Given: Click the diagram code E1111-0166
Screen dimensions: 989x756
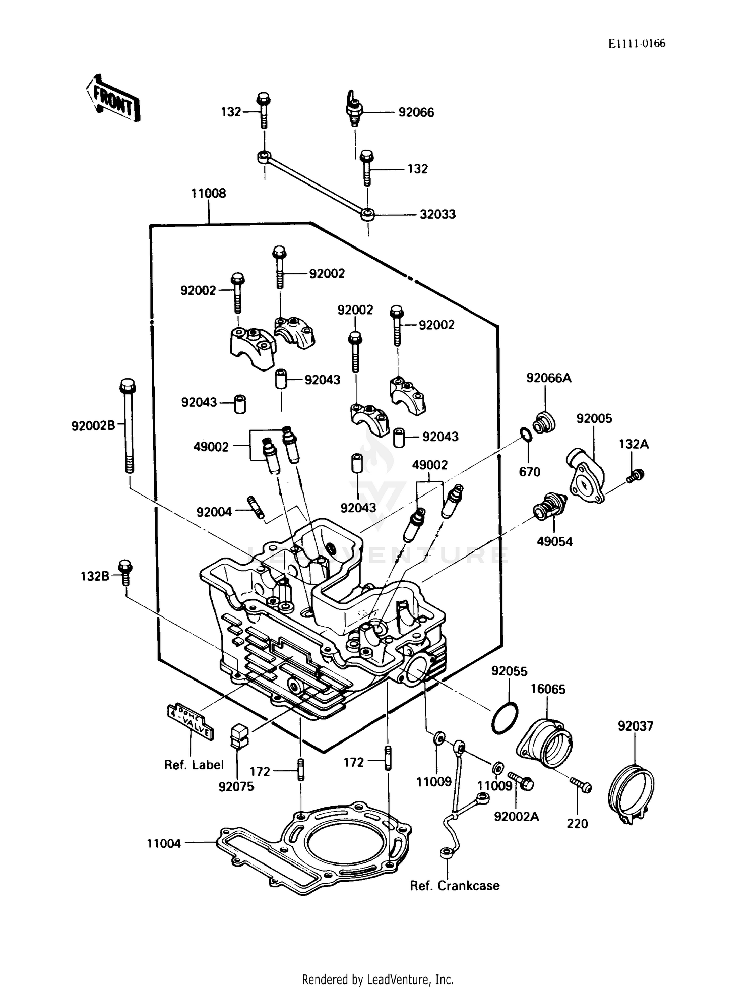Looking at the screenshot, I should [x=637, y=44].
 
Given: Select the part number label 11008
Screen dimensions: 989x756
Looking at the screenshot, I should [x=208, y=194].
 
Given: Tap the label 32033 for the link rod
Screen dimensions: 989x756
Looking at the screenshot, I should [x=437, y=215].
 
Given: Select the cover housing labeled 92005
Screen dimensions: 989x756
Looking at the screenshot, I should [x=586, y=475].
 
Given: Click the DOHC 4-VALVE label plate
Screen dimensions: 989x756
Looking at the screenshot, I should [x=190, y=721].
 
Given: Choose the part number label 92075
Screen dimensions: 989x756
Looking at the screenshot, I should [x=236, y=787].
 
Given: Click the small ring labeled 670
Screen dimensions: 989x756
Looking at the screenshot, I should [x=525, y=434].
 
